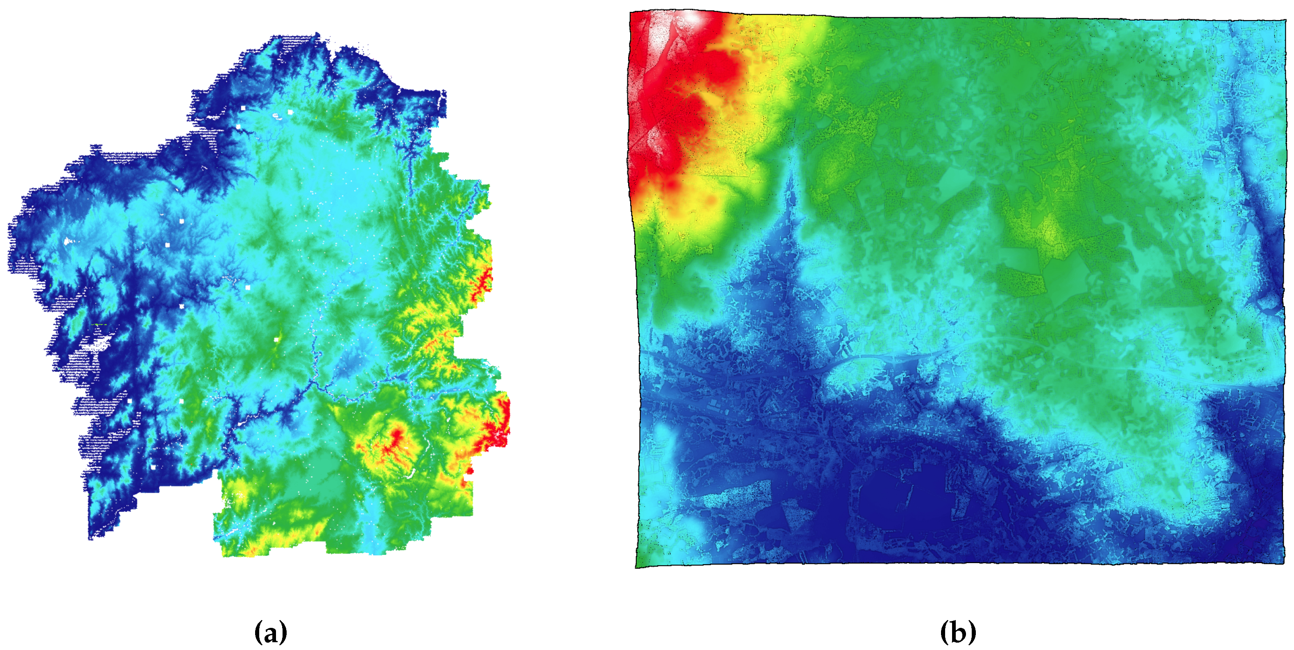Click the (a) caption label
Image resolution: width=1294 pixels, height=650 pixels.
(x=271, y=632)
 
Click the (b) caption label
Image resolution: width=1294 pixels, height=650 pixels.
(x=957, y=632)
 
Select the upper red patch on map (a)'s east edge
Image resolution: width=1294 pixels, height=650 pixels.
(x=486, y=279)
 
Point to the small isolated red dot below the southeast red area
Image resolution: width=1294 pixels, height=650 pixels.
(x=470, y=471)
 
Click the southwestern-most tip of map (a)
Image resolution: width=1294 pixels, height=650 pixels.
(x=91, y=538)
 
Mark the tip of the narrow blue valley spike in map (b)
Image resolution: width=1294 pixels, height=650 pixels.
(x=793, y=151)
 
